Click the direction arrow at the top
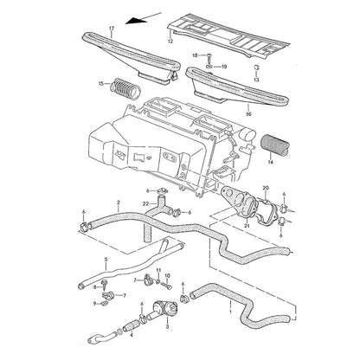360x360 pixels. [x=143, y=18]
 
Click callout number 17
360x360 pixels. [x=112, y=28]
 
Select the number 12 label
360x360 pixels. [x=170, y=42]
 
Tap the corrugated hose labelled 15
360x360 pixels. [x=125, y=87]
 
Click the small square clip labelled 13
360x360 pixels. [x=256, y=67]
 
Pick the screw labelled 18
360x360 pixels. [x=209, y=59]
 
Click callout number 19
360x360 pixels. [x=224, y=67]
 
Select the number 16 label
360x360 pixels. [x=248, y=114]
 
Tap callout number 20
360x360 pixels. [x=266, y=188]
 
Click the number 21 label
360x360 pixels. [x=247, y=225]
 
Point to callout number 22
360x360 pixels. [x=145, y=203]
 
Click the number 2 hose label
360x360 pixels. [x=119, y=202]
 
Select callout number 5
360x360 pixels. [x=106, y=260]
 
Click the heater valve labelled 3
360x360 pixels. [x=162, y=309]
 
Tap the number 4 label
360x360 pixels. [x=132, y=335]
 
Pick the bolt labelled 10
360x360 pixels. [x=167, y=286]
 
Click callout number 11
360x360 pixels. [x=158, y=270]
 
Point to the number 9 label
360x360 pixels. [x=94, y=303]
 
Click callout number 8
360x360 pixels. [x=94, y=286]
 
